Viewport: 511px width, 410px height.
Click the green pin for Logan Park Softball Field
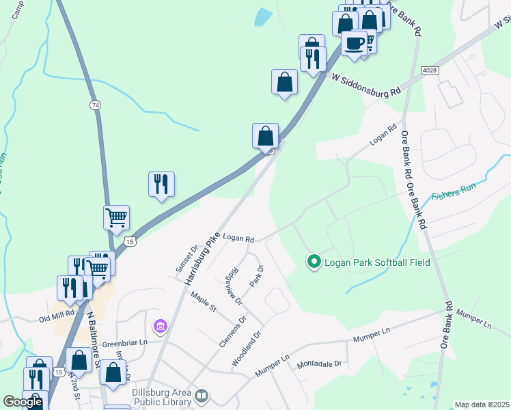(x=314, y=262)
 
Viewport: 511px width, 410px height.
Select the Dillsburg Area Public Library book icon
(x=202, y=396)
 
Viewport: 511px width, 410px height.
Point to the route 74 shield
(x=95, y=105)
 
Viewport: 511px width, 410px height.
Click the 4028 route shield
(x=430, y=70)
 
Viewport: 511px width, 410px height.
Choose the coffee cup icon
(x=354, y=43)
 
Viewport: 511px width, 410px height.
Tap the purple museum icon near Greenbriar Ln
(x=161, y=328)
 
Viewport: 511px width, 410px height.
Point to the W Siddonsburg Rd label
(x=365, y=85)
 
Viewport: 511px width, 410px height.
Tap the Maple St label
(x=204, y=301)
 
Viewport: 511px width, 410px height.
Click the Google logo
(x=23, y=402)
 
